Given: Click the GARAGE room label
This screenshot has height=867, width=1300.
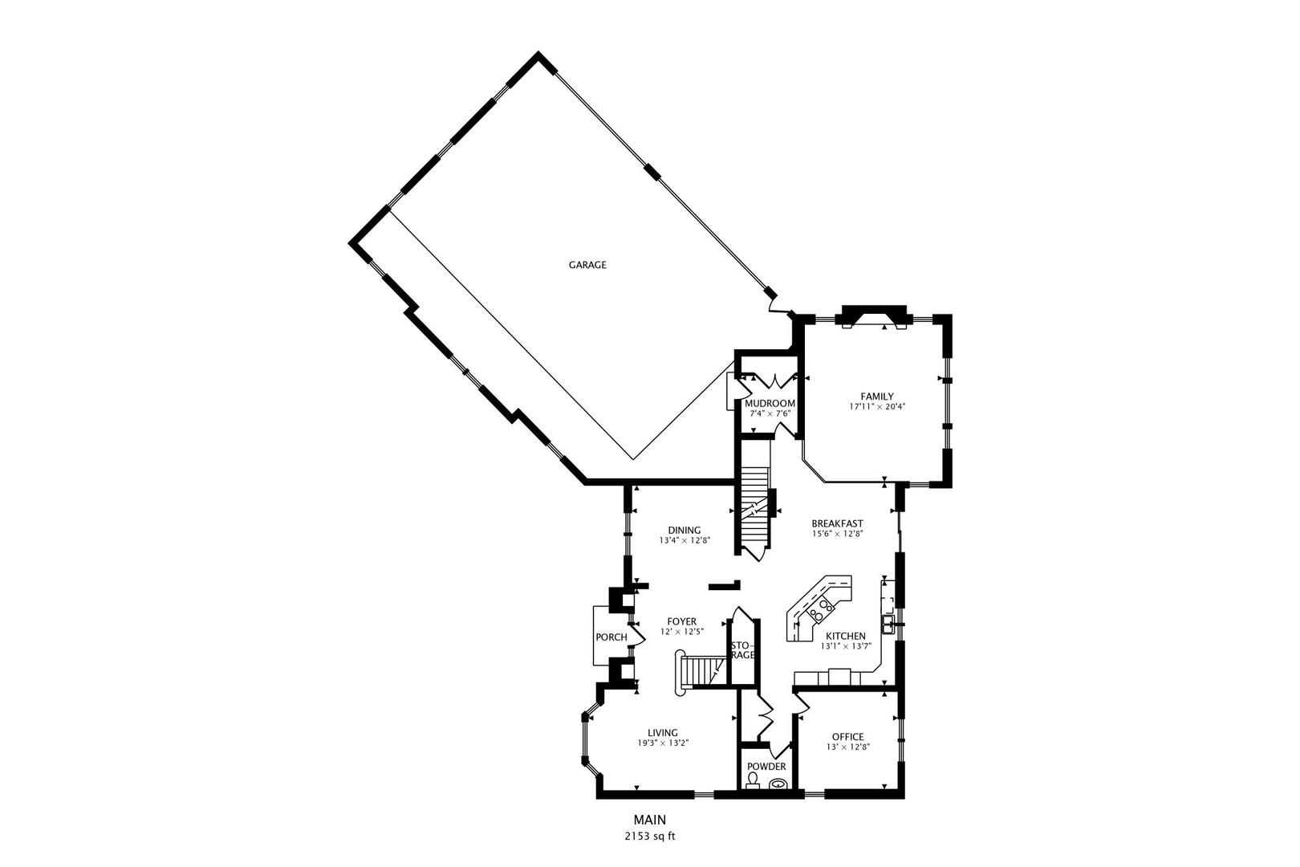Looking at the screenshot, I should pyautogui.click(x=587, y=265).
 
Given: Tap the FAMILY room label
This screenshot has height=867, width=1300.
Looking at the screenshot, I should pyautogui.click(x=877, y=397).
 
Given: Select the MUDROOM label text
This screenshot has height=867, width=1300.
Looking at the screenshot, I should pyautogui.click(x=770, y=403).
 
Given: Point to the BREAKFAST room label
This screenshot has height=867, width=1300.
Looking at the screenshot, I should pyautogui.click(x=837, y=523).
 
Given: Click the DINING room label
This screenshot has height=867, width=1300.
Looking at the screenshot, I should pyautogui.click(x=685, y=530).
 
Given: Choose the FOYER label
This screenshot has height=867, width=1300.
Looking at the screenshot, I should pyautogui.click(x=682, y=621).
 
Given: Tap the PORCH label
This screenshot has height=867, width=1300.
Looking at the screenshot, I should pyautogui.click(x=611, y=637).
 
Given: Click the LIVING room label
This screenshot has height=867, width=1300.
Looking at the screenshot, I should pyautogui.click(x=663, y=732).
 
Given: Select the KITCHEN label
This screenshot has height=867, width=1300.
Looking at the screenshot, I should pyautogui.click(x=846, y=636).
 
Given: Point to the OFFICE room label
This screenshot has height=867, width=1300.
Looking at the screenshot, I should pyautogui.click(x=848, y=737).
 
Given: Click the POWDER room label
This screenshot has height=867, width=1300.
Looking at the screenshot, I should pyautogui.click(x=766, y=767).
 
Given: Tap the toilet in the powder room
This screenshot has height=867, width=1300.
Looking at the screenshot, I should pyautogui.click(x=753, y=781).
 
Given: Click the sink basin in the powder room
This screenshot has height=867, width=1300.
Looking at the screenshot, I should pyautogui.click(x=778, y=783).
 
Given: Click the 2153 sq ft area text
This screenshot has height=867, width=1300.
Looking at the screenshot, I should pyautogui.click(x=650, y=836).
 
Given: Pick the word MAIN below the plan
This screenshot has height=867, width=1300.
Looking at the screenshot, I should pyautogui.click(x=650, y=820).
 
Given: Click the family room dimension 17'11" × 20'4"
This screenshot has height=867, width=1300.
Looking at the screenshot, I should pyautogui.click(x=877, y=407).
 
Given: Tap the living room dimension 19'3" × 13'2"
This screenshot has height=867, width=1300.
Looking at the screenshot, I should pyautogui.click(x=663, y=743).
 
